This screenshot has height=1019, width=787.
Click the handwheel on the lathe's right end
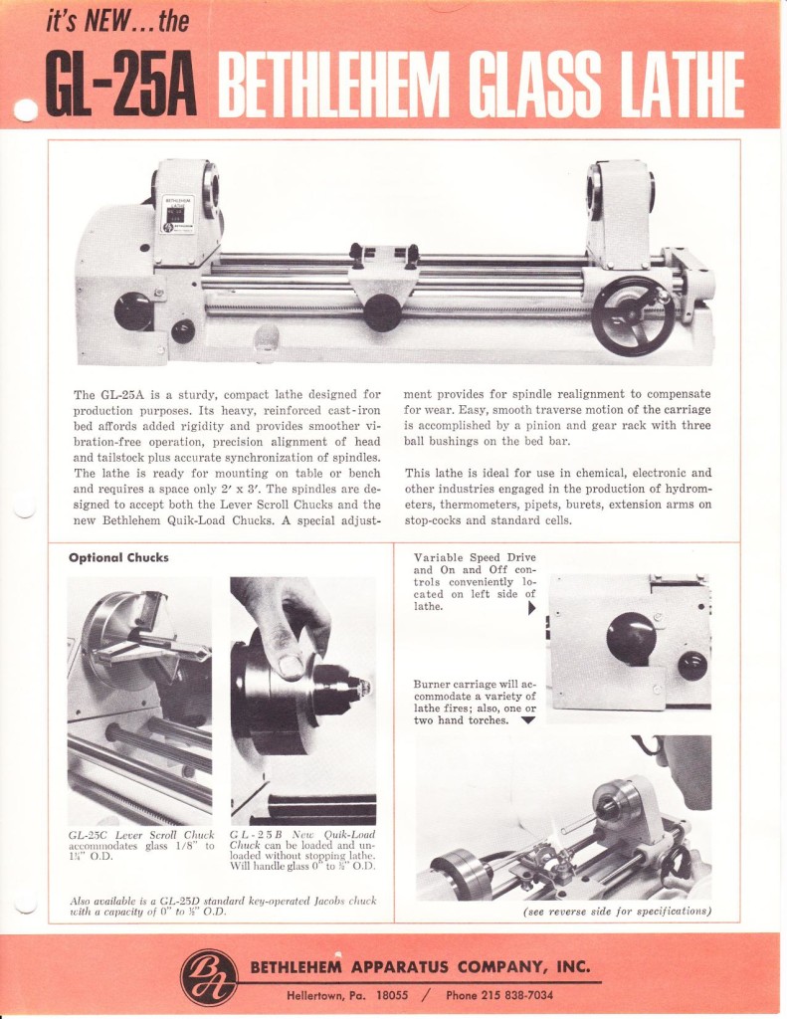pyautogui.click(x=632, y=314)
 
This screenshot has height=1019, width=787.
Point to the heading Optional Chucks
pyautogui.click(x=118, y=557)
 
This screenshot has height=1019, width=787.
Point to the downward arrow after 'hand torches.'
pyautogui.click(x=527, y=720)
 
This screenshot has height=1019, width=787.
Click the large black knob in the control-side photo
pyautogui.click(x=630, y=638)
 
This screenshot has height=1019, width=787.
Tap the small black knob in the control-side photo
pyautogui.click(x=691, y=665)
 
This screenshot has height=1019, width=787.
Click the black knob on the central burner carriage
pyautogui.click(x=382, y=310)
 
